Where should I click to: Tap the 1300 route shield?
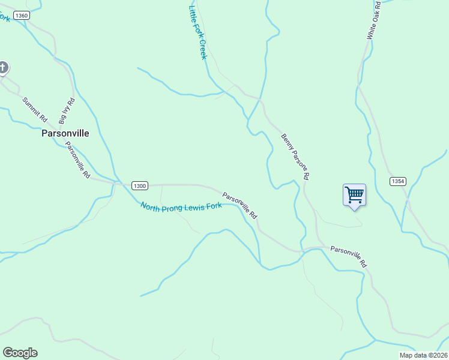139,186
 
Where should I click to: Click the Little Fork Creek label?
197,32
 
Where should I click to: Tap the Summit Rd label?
34,109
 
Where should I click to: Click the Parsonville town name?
65,133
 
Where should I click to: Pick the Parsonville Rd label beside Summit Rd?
77,160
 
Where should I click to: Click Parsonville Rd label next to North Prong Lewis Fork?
240,205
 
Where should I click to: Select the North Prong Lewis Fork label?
181,206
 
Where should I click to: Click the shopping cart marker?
354,195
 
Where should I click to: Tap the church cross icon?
2,67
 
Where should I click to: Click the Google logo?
20,353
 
